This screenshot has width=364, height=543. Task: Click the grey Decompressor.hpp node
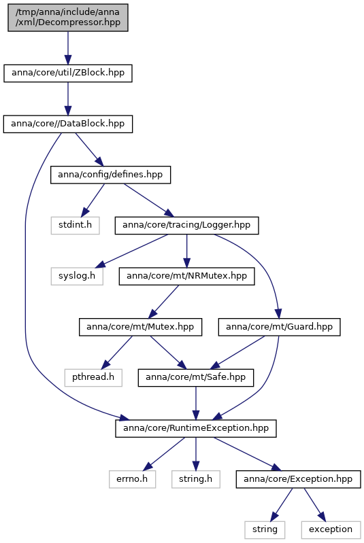pyautogui.click(x=68, y=18)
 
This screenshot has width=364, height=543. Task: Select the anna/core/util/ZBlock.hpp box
pyautogui.click(x=68, y=73)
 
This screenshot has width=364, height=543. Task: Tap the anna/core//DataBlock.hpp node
pyautogui.click(x=68, y=124)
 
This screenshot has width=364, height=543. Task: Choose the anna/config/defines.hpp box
pyautogui.click(x=111, y=175)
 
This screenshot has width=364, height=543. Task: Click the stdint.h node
pyautogui.click(x=76, y=226)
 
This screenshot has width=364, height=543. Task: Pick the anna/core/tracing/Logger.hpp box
pyautogui.click(x=187, y=226)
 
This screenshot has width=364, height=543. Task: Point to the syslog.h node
pyautogui.click(x=77, y=277)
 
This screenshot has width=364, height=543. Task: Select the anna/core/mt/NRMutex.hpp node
pyautogui.click(x=187, y=277)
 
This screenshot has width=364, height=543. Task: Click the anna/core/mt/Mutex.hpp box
pyautogui.click(x=140, y=327)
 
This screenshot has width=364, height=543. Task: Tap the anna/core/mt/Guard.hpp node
pyautogui.click(x=280, y=327)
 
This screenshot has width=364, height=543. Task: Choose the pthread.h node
pyautogui.click(x=93, y=377)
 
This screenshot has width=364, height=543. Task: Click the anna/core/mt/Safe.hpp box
pyautogui.click(x=196, y=377)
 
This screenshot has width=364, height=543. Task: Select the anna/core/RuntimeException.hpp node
pyautogui.click(x=196, y=428)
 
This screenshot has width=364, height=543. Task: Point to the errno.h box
pyautogui.click(x=133, y=479)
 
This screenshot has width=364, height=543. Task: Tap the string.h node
pyautogui.click(x=196, y=479)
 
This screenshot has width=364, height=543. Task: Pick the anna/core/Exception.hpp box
pyautogui.click(x=299, y=479)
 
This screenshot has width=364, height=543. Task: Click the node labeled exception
pyautogui.click(x=331, y=530)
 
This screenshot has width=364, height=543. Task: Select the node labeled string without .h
pyautogui.click(x=265, y=530)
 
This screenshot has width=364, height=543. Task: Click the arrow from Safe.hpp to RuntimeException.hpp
pyautogui.click(x=196, y=403)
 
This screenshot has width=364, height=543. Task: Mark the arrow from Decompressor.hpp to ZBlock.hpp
pyautogui.click(x=68, y=48)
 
